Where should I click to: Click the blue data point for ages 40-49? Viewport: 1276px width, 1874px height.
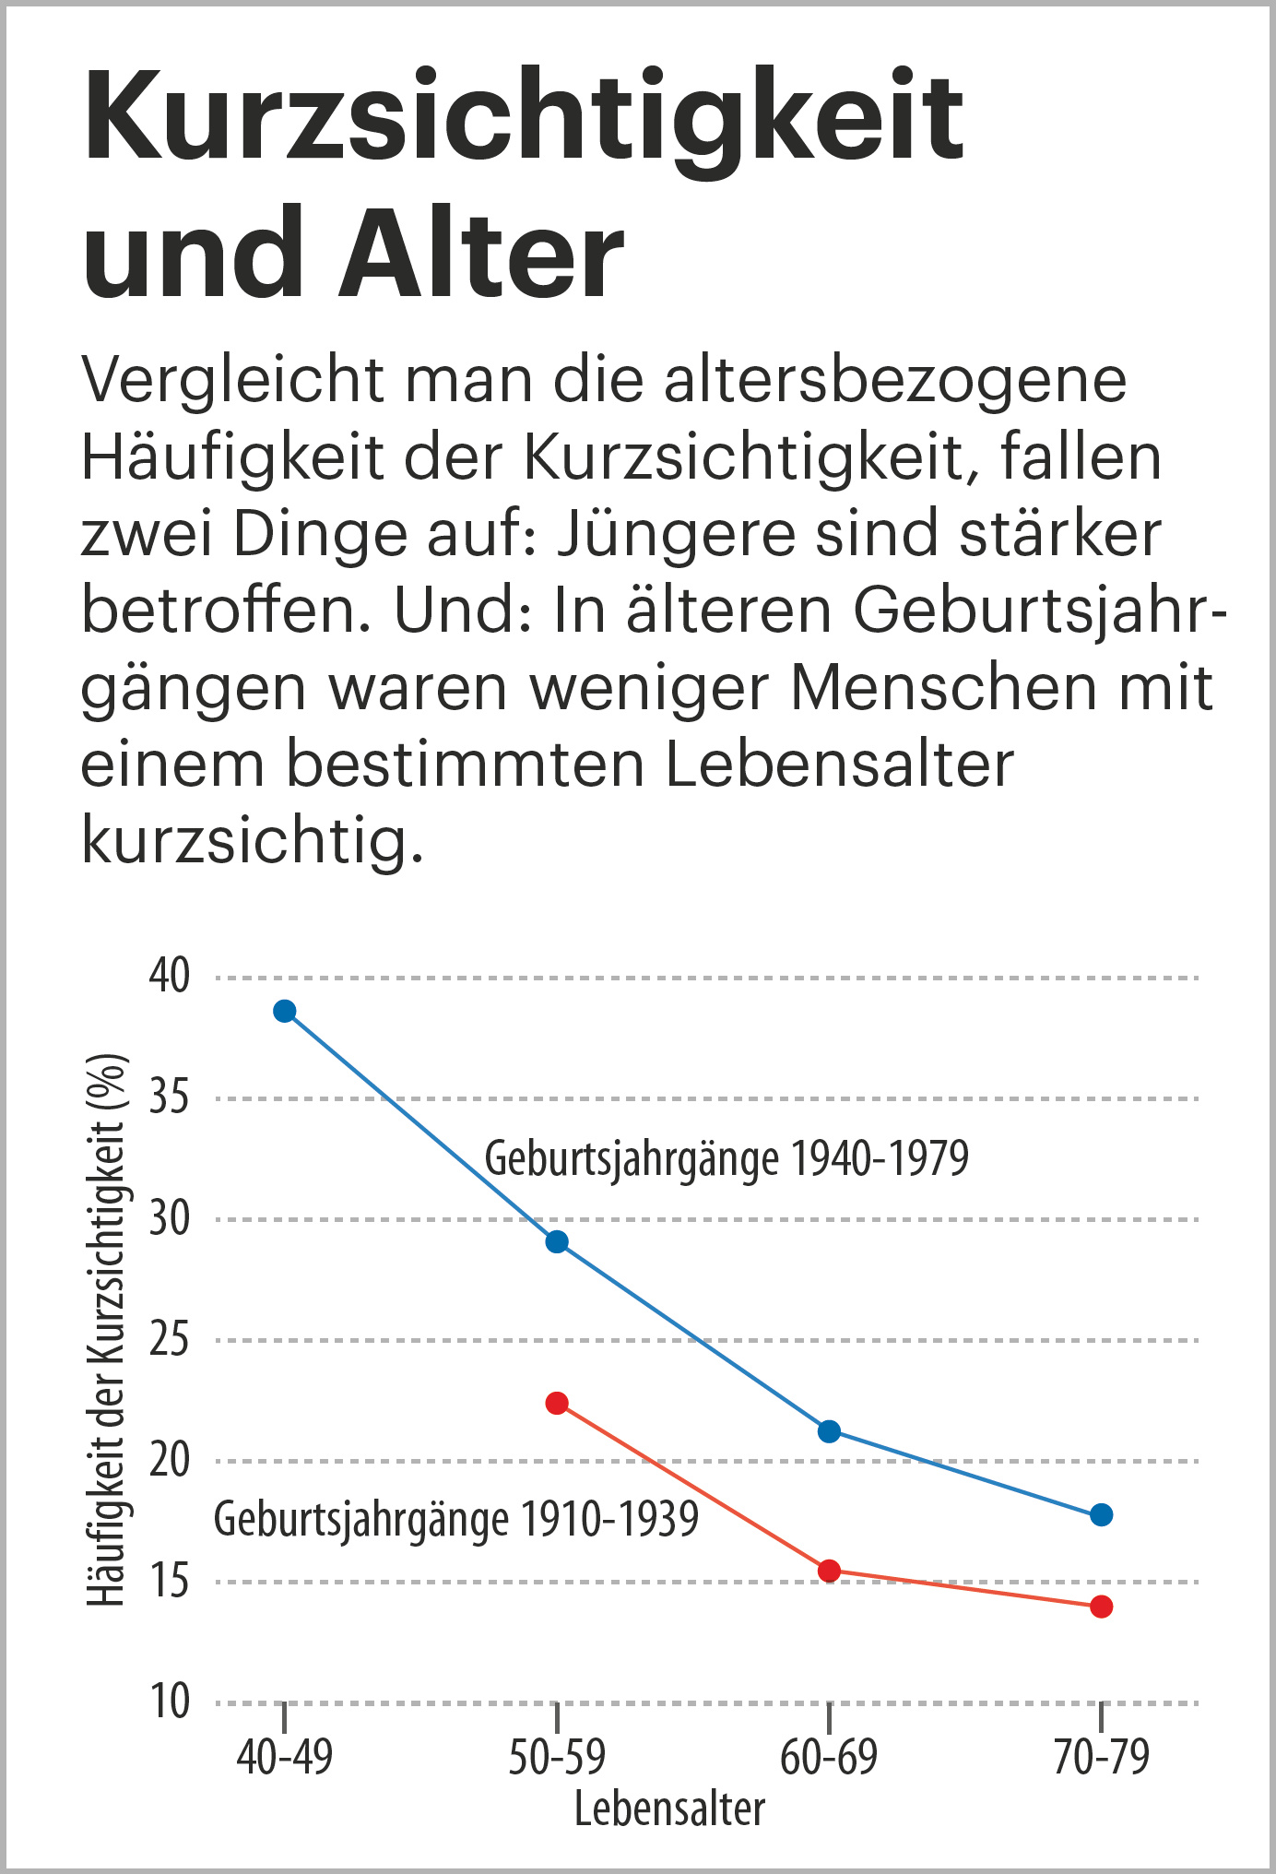click(285, 1011)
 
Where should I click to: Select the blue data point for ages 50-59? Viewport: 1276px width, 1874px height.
click(557, 1241)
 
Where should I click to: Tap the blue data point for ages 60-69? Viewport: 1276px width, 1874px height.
click(829, 1431)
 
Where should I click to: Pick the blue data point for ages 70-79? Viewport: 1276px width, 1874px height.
click(1101, 1514)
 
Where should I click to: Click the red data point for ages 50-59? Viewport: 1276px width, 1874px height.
click(557, 1403)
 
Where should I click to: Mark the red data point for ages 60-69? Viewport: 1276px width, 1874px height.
click(829, 1571)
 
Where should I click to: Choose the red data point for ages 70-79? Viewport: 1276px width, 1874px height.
click(1101, 1607)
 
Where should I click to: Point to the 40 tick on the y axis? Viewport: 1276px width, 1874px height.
click(170, 976)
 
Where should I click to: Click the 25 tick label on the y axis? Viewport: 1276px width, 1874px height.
click(170, 1339)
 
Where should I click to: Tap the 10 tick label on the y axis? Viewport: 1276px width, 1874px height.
click(170, 1702)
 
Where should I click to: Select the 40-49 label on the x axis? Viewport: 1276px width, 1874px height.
click(284, 1757)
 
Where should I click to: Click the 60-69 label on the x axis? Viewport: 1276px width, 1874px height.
click(828, 1757)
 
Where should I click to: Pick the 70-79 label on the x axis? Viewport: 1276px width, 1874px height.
click(1101, 1757)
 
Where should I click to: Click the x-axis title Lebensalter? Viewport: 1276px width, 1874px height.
click(669, 1809)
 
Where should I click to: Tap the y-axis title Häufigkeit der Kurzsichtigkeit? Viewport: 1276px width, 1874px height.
click(105, 1329)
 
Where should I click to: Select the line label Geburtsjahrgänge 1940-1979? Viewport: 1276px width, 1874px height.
click(727, 1158)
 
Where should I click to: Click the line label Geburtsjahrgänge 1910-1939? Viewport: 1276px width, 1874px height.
click(456, 1519)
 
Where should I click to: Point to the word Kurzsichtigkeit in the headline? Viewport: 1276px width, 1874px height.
click(524, 118)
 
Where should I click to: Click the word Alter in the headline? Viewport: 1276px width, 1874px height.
click(482, 254)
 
